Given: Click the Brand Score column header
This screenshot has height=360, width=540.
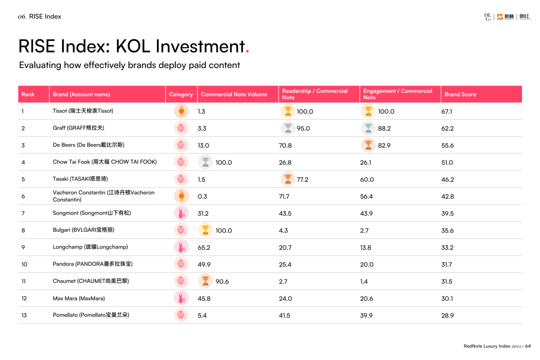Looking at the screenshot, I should pyautogui.click(x=460, y=94).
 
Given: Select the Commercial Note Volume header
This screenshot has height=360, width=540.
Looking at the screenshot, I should pyautogui.click(x=233, y=94).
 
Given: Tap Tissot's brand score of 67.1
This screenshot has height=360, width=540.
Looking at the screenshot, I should pyautogui.click(x=447, y=111).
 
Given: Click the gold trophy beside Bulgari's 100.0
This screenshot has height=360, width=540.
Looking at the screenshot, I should pyautogui.click(x=205, y=230).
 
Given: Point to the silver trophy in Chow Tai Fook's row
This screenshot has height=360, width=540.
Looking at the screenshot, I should pyautogui.click(x=205, y=162).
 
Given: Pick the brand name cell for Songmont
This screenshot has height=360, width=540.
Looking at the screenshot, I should pyautogui.click(x=91, y=213).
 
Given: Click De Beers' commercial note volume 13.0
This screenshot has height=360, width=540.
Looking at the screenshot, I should pyautogui.click(x=203, y=145).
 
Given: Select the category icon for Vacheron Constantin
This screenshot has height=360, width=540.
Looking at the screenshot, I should pyautogui.click(x=181, y=196).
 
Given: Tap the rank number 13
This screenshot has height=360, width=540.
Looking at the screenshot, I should pyautogui.click(x=24, y=315).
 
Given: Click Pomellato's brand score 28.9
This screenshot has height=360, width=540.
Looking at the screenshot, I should pyautogui.click(x=447, y=315).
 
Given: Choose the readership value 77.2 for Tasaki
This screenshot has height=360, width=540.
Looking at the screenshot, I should pyautogui.click(x=302, y=179).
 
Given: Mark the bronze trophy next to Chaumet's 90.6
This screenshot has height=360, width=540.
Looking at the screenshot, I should pyautogui.click(x=205, y=281).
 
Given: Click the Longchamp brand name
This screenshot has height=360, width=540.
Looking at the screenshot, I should pyautogui.click(x=90, y=247).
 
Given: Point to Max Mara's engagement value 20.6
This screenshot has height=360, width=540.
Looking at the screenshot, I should pyautogui.click(x=366, y=298).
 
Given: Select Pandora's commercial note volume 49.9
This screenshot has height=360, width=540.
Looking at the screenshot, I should pyautogui.click(x=204, y=264).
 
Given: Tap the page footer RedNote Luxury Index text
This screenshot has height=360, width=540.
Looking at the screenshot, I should pyautogui.click(x=486, y=346).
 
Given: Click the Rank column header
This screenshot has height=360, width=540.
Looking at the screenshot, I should pyautogui.click(x=28, y=94).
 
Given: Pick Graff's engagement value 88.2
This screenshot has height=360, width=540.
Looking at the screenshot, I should pyautogui.click(x=384, y=128).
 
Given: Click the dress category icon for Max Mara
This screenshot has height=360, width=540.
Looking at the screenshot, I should pyautogui.click(x=181, y=298).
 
